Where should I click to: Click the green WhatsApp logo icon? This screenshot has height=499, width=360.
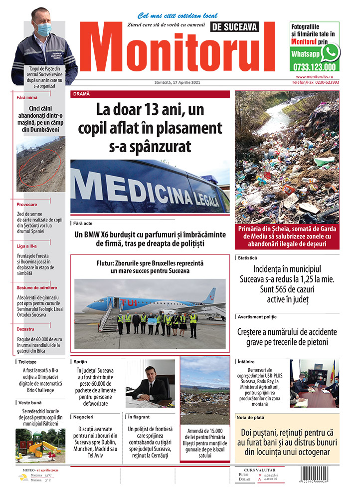[330, 52]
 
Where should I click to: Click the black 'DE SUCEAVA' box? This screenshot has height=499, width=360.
[235, 28]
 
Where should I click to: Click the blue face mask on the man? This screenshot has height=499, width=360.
[43, 29]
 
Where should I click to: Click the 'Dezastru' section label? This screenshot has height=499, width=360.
[25, 329]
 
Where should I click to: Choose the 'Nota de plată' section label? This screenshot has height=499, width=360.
[251, 417]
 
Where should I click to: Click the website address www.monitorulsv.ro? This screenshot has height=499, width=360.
[317, 77]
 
